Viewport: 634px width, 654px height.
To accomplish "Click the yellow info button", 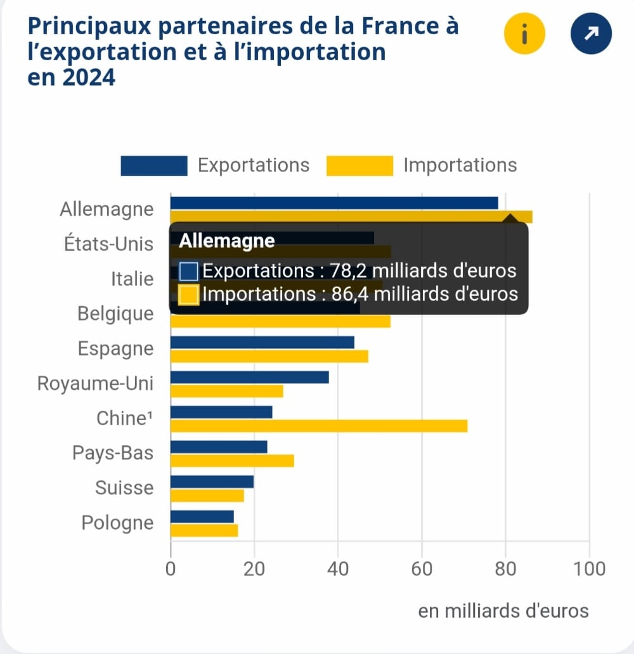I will point(524,34).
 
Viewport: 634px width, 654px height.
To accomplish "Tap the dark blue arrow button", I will point(591,34).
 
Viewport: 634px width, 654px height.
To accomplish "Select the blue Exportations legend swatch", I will point(154,165).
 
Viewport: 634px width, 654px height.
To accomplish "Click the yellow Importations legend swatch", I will point(359,165).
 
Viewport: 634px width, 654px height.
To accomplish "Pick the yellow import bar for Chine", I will point(319,426).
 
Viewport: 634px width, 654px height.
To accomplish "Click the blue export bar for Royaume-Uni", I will point(250,377).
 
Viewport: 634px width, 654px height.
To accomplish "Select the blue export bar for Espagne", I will point(262,342).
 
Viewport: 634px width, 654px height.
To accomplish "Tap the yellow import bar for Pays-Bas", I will point(232,461).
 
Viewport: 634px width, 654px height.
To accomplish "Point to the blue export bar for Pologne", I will point(202,516).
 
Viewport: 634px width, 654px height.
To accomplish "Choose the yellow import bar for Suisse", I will point(207,496).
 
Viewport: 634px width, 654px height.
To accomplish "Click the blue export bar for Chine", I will point(221,412).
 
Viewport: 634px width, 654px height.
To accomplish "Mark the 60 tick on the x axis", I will point(422,568).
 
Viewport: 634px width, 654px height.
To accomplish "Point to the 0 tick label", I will point(171,568).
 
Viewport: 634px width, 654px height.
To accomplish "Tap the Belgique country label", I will point(115,314).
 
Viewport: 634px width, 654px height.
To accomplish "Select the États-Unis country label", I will point(109,244).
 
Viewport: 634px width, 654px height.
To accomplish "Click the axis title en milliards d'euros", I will point(503,611).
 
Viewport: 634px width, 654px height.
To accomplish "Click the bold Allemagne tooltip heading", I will point(227,241).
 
